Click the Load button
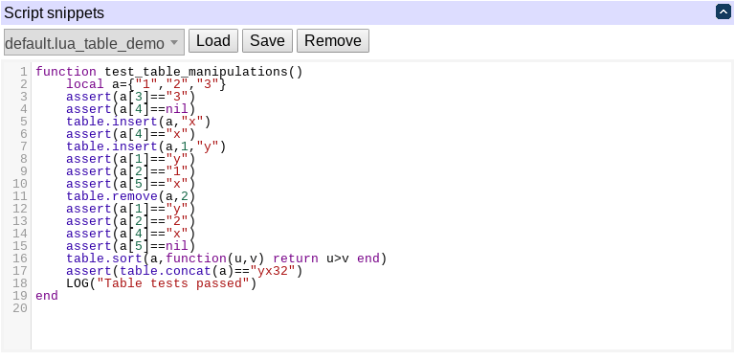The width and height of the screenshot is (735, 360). pyautogui.click(x=213, y=41)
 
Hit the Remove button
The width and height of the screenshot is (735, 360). pyautogui.click(x=333, y=41)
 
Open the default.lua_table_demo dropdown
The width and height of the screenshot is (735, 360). pyautogui.click(x=93, y=43)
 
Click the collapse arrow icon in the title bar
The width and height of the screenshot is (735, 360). pyautogui.click(x=724, y=12)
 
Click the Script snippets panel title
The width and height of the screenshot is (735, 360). pyautogui.click(x=55, y=13)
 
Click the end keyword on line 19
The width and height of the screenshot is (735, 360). pyautogui.click(x=47, y=296)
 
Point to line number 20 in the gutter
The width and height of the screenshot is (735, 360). pyautogui.click(x=21, y=308)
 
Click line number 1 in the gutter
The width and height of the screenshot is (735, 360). pyautogui.click(x=24, y=72)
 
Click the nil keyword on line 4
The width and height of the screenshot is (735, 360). pyautogui.click(x=179, y=109)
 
